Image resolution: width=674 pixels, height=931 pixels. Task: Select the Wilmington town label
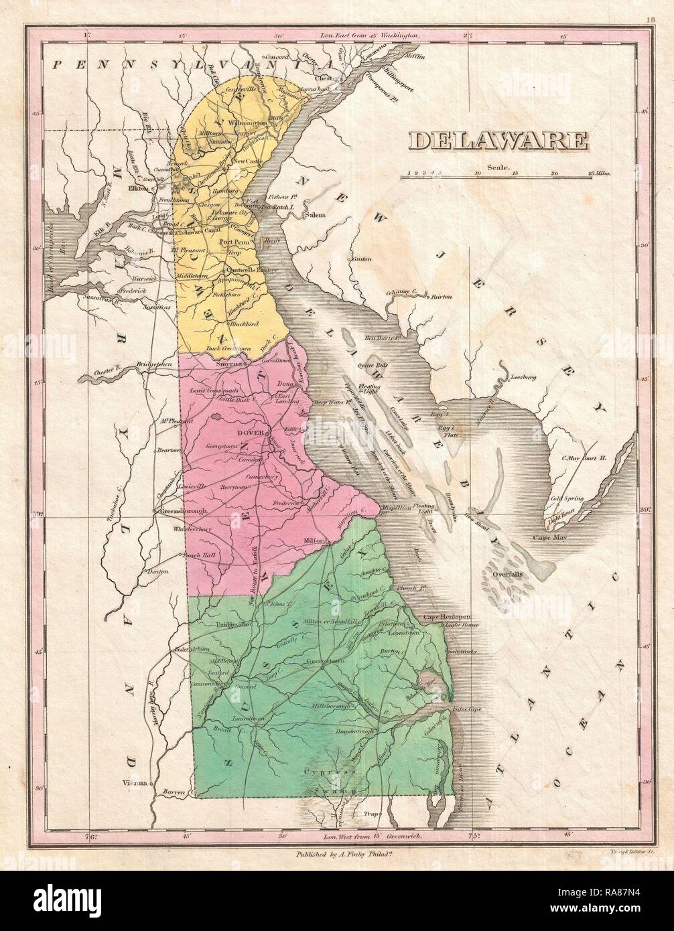pos(250,124)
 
